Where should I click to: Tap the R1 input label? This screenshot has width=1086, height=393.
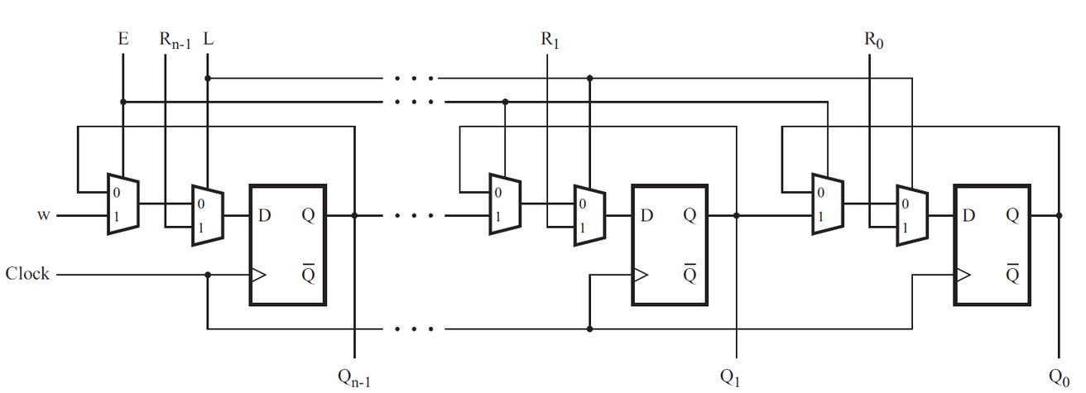(x=549, y=39)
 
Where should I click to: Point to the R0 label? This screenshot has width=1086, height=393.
(x=872, y=39)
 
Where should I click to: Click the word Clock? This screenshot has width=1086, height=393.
(x=27, y=273)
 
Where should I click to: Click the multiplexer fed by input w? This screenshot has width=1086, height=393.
(x=123, y=204)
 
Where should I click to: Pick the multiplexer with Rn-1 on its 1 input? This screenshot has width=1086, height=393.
(x=207, y=215)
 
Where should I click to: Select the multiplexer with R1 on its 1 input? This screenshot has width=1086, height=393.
(x=589, y=215)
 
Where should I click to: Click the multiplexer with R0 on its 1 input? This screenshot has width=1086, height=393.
(x=912, y=215)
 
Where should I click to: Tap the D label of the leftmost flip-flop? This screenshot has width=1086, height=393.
(x=265, y=217)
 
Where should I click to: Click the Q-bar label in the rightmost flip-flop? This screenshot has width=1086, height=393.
(x=1012, y=274)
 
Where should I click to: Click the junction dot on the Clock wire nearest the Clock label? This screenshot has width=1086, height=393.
(x=207, y=275)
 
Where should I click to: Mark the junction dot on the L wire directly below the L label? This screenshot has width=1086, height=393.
(x=207, y=79)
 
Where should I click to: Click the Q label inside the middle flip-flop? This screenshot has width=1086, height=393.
(x=689, y=217)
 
